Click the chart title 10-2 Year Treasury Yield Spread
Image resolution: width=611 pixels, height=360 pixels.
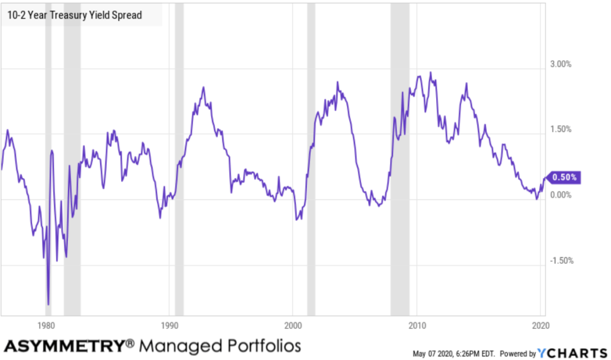[x=75, y=15]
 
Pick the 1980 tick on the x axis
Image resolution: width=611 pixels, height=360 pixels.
[x=46, y=326]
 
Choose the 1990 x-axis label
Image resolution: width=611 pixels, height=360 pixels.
[x=169, y=326]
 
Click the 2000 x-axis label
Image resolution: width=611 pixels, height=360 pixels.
[x=293, y=326]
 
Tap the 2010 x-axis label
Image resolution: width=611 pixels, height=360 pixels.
[x=416, y=326]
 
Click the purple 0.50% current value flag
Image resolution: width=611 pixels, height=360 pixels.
[x=564, y=177]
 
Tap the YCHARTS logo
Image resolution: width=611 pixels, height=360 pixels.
[x=572, y=352]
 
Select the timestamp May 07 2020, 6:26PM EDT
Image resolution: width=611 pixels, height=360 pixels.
[x=453, y=353]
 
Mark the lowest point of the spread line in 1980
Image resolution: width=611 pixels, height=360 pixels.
[x=48, y=304]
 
